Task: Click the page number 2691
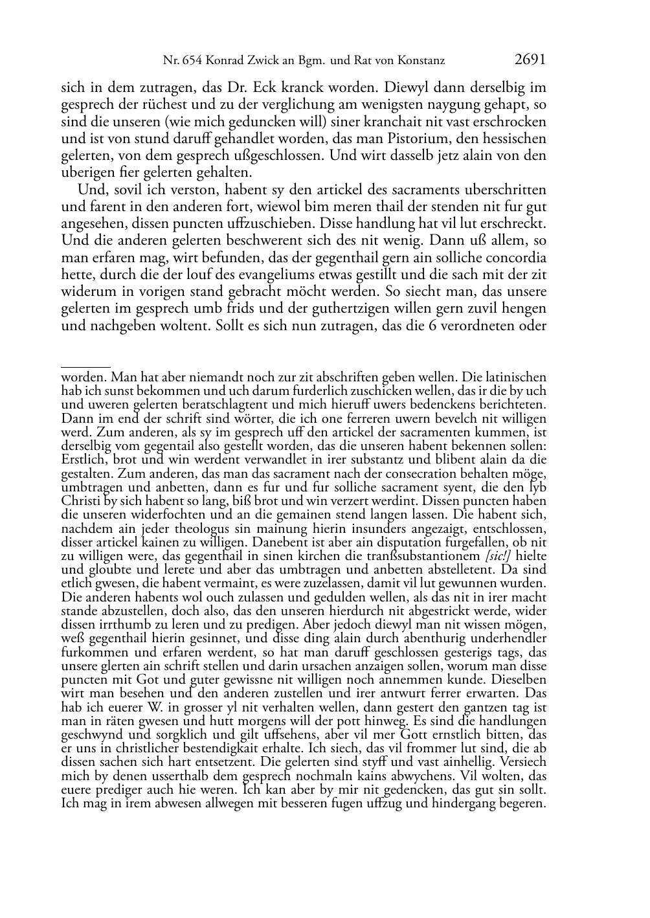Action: pyautogui.click(x=530, y=60)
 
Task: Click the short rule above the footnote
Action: pyautogui.click(x=85, y=367)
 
